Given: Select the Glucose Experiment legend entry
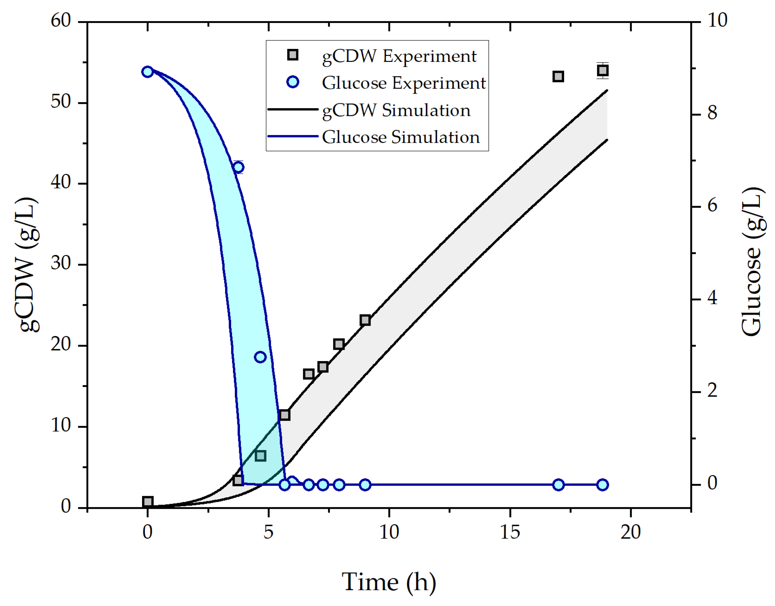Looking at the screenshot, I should pos(403,83).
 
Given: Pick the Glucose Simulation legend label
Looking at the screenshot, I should pos(401,137).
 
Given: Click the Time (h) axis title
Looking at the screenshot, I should pos(389,582).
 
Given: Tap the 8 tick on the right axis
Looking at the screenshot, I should pos(712,113).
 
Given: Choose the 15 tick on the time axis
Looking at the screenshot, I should pos(510,532).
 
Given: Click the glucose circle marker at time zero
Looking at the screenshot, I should pos(148,72).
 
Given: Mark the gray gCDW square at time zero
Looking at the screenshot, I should pos(148,502).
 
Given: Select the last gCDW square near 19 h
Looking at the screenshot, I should pos(603,71).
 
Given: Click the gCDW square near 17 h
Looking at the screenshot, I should pos(558,76).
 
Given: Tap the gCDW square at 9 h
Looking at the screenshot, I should pos(365,320).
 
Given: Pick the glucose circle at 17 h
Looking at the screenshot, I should pos(558,485).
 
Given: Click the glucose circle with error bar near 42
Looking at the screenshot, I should pos(238,167).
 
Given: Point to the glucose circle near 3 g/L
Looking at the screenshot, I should pos(260,357).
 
